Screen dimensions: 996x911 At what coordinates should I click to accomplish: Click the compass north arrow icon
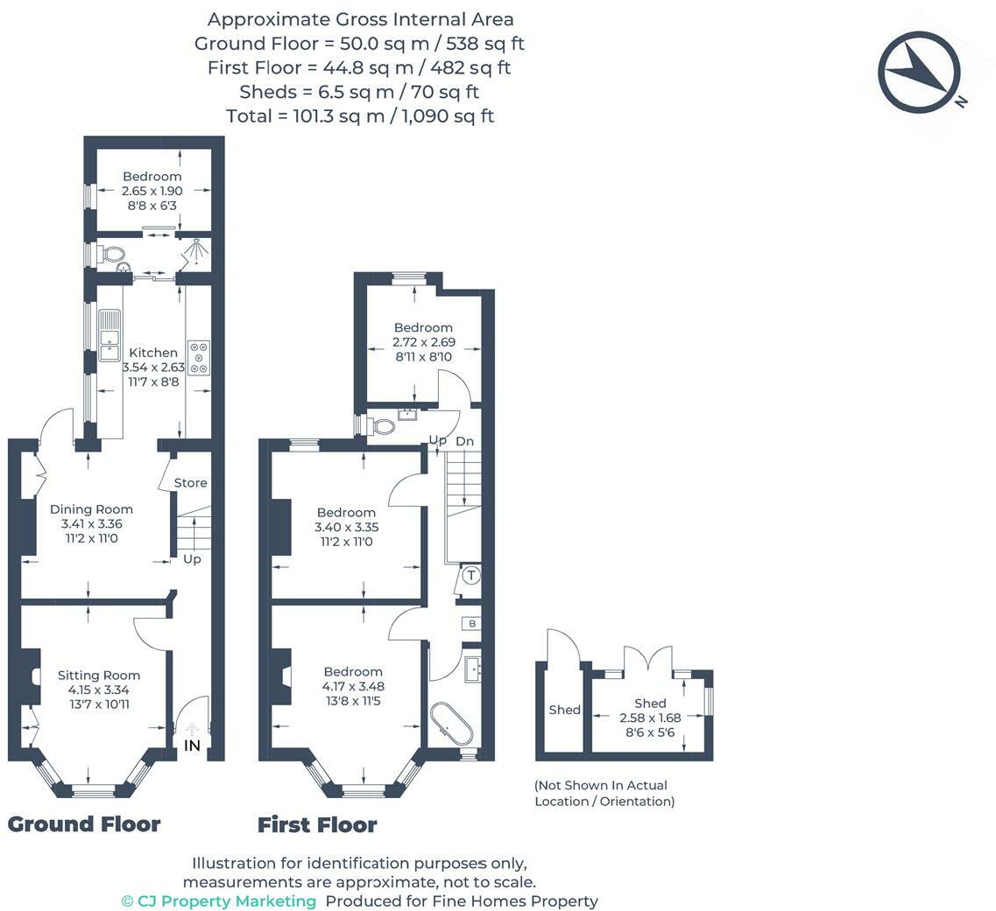[919, 72]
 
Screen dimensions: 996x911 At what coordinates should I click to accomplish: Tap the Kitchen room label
[153, 352]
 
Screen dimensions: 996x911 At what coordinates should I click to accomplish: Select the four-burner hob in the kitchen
[199, 357]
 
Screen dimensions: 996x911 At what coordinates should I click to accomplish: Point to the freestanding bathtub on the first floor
[450, 724]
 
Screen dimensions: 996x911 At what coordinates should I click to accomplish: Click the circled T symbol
[471, 576]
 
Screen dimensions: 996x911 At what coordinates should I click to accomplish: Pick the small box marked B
[472, 624]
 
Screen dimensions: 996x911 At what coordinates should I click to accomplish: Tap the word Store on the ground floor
[191, 483]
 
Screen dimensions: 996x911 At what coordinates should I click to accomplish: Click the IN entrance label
[192, 746]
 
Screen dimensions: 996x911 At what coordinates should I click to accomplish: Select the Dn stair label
[465, 442]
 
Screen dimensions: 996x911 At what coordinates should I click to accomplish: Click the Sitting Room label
[98, 675]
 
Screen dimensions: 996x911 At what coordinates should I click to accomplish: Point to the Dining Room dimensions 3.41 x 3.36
[91, 523]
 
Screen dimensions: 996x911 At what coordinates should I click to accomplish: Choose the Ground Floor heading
[84, 824]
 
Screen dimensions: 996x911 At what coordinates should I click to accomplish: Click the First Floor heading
[317, 824]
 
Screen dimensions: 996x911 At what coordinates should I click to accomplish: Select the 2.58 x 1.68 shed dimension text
[650, 718]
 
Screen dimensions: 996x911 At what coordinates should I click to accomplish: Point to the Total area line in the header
[360, 116]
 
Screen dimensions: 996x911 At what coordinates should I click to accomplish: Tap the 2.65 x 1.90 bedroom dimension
[152, 190]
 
